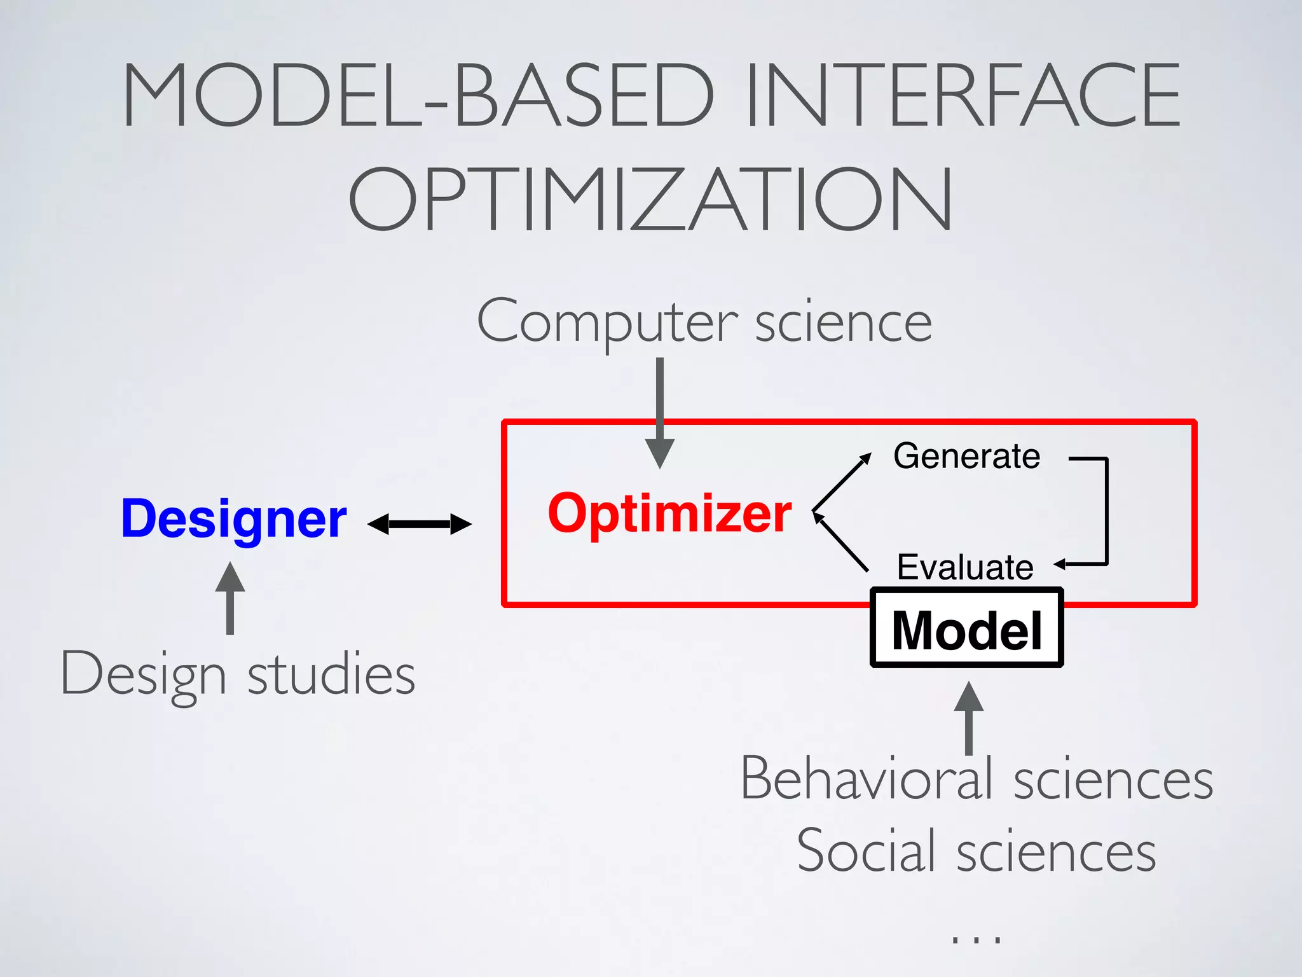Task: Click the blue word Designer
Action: tap(233, 519)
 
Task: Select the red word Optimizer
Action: tap(669, 513)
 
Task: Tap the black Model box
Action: tap(966, 628)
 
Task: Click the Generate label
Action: tap(966, 456)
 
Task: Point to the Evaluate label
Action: tap(964, 567)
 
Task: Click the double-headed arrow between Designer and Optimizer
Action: tap(420, 524)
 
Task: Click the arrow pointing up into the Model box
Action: tap(969, 719)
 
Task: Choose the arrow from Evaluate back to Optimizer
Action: tap(841, 543)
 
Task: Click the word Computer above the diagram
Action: tap(607, 322)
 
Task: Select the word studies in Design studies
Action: tap(331, 674)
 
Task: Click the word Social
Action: tap(868, 851)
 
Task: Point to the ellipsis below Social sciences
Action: tap(976, 938)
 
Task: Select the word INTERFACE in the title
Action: tap(961, 95)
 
